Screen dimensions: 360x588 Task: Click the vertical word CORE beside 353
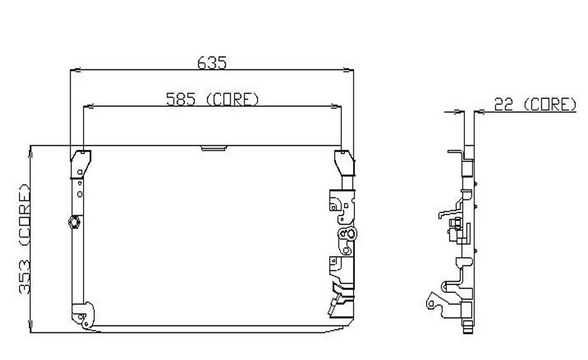coord(25,215)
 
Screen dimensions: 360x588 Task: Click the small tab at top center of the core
coord(214,148)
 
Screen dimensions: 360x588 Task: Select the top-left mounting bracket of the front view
coord(81,163)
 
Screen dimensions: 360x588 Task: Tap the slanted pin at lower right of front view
coord(334,306)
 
